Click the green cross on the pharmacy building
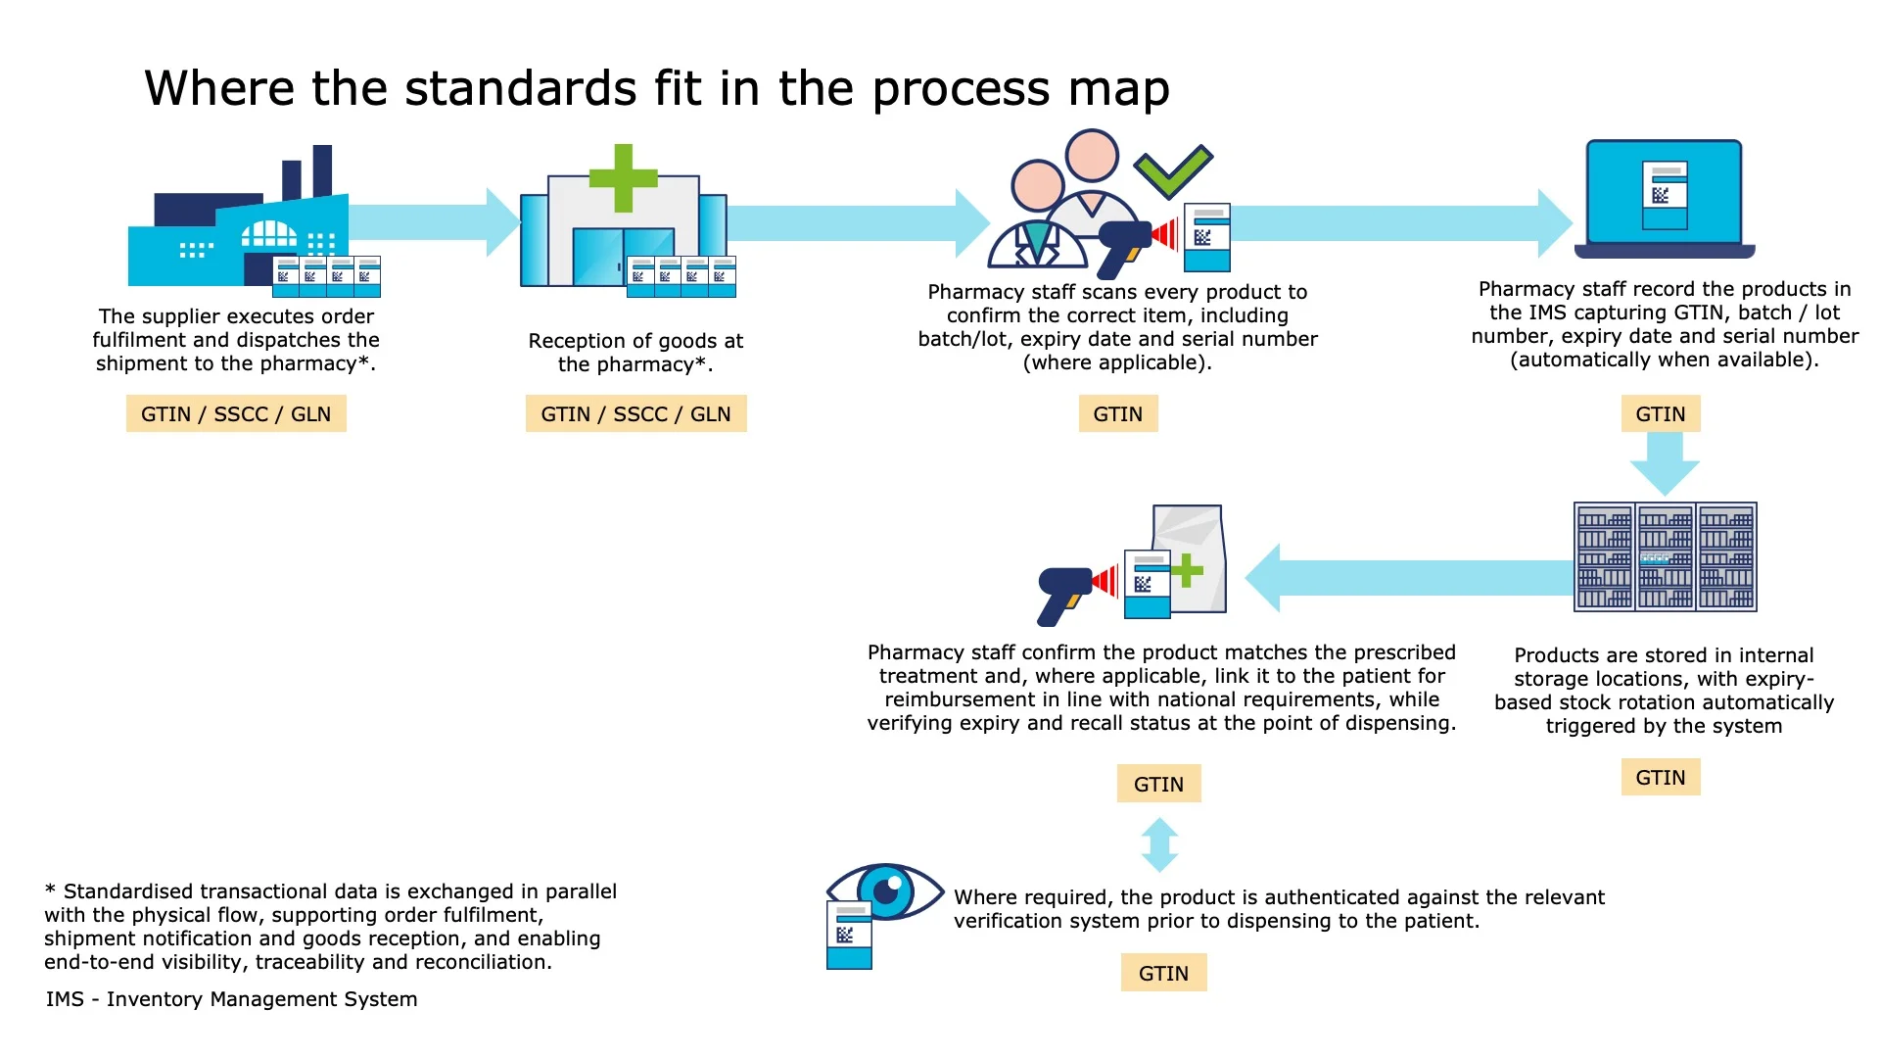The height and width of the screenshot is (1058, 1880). pos(623,177)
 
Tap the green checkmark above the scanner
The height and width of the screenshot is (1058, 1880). pos(1173,170)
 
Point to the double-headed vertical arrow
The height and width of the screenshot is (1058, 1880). pos(1159,844)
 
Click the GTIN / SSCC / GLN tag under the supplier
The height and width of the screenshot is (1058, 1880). pos(236,413)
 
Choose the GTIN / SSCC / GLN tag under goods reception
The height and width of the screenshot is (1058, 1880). pos(635,413)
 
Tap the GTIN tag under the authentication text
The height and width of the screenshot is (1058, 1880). pos(1163,973)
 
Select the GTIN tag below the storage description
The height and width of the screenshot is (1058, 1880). pos(1660,777)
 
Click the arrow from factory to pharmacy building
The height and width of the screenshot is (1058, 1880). pos(431,222)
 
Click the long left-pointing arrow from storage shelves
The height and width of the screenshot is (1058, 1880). pos(1410,578)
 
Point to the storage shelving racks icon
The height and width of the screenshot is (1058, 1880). pos(1665,556)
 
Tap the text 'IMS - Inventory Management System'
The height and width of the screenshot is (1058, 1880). pos(231,999)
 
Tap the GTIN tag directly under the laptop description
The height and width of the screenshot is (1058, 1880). pos(1660,413)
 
